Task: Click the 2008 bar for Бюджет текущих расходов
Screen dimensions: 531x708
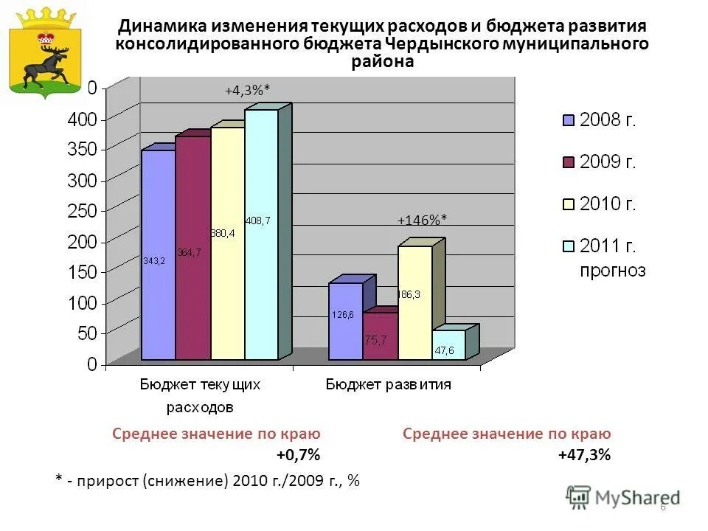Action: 158,254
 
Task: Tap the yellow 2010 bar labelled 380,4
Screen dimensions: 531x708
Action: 227,243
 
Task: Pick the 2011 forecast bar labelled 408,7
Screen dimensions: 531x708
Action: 261,235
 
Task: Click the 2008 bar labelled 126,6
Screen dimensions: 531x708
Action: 345,321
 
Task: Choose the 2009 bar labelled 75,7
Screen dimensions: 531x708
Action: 380,336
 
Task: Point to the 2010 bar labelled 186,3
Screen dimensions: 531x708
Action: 414,302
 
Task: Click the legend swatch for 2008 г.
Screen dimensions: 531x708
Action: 568,120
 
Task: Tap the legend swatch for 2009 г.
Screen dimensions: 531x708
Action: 568,162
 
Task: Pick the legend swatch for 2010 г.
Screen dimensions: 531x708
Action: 568,204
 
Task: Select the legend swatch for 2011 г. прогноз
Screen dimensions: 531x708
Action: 568,246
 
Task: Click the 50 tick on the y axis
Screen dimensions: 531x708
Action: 86,333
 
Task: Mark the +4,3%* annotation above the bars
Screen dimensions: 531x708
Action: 247,90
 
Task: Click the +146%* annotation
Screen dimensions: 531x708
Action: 422,219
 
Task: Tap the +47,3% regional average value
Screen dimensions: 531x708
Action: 584,455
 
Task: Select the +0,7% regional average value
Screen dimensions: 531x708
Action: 299,455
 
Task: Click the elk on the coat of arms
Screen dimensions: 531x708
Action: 44,66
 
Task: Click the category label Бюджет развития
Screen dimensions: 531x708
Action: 389,384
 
